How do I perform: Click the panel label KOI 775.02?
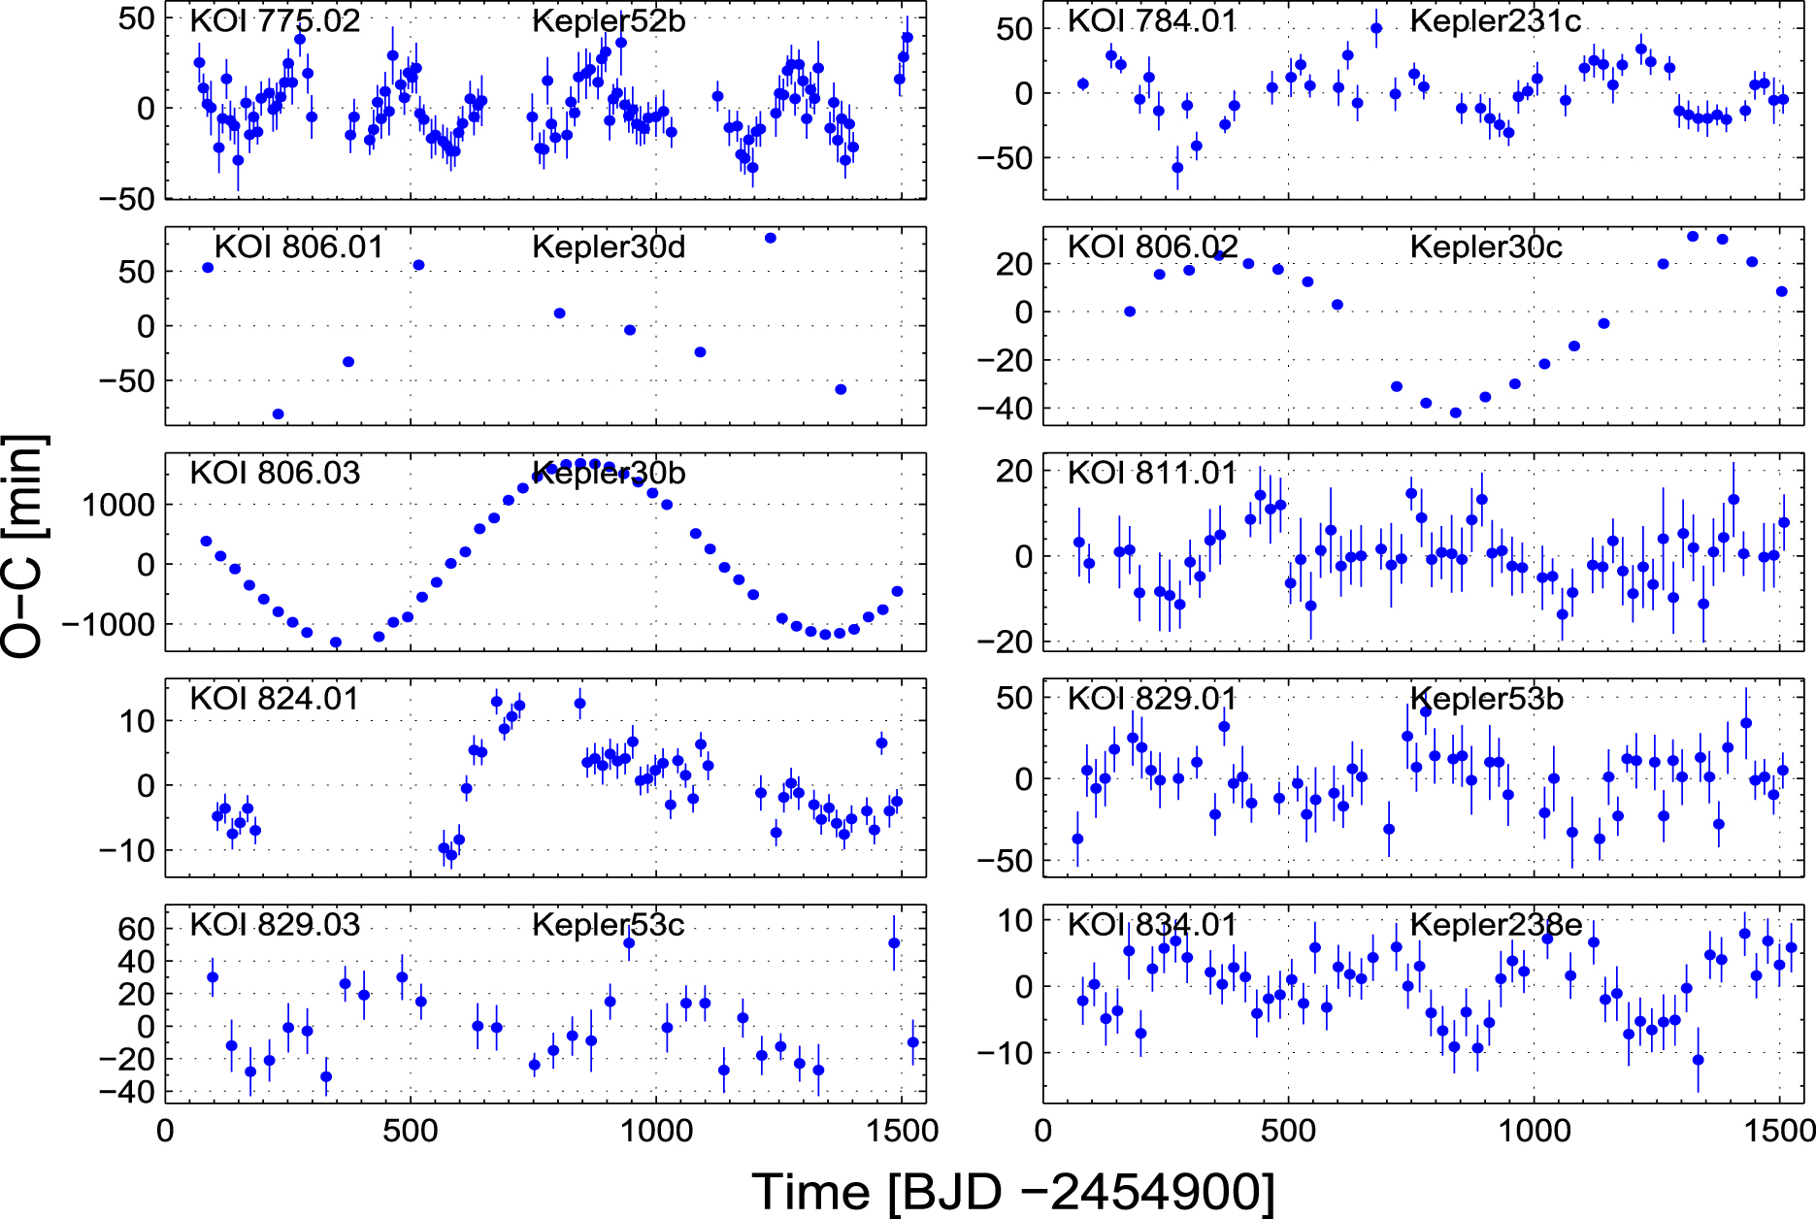[275, 20]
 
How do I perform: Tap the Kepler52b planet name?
[609, 20]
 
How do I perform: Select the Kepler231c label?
[1495, 20]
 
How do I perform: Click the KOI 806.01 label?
[299, 247]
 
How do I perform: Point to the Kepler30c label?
[1486, 247]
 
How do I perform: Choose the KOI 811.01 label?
[1152, 473]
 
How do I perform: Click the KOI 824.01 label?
[275, 699]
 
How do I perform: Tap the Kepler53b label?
[1486, 699]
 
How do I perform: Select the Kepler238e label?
[1496, 925]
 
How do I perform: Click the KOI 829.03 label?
[275, 925]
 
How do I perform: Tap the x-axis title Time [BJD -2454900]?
[1013, 1191]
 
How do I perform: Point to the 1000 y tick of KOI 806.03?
[118, 505]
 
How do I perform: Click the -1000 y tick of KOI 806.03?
[109, 625]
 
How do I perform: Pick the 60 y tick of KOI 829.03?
[136, 929]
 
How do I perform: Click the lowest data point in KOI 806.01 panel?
[278, 414]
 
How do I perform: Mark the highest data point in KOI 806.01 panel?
[771, 238]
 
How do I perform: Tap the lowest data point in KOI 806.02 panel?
[1456, 412]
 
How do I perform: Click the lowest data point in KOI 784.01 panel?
[1177, 168]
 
